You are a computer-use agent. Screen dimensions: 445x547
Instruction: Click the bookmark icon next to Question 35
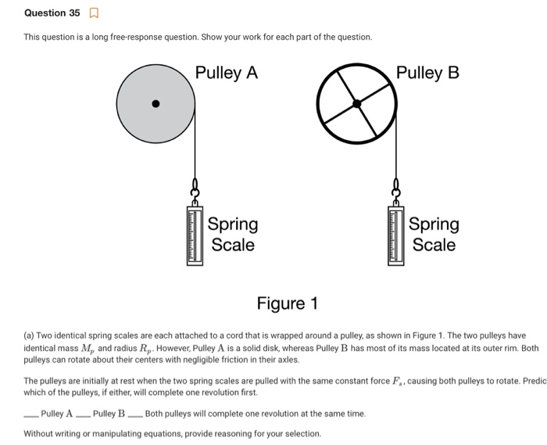tap(95, 13)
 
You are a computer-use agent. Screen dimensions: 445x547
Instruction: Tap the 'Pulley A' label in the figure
tap(227, 73)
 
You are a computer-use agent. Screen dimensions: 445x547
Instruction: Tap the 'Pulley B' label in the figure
tap(427, 73)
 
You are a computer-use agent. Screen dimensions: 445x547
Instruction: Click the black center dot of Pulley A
tap(156, 103)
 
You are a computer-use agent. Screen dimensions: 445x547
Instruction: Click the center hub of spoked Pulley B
tap(356, 103)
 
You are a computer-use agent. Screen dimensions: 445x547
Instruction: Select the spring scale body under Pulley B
tap(396, 233)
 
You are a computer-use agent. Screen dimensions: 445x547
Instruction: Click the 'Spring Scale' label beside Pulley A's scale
tap(233, 235)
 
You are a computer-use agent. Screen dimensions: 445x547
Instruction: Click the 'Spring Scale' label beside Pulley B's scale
tap(434, 235)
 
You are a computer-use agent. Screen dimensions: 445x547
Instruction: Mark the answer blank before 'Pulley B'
tap(83, 414)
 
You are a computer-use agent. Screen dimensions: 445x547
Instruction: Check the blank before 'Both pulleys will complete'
tap(135, 414)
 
